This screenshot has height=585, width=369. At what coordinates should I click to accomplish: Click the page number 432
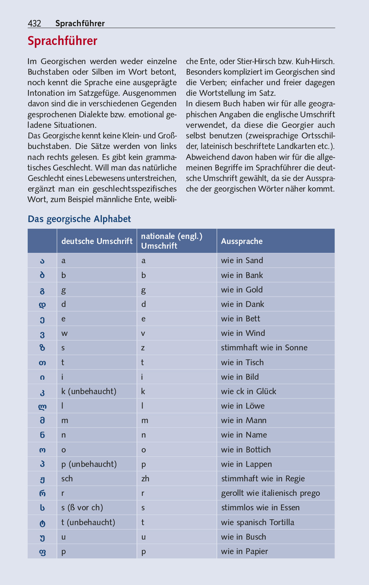[34, 23]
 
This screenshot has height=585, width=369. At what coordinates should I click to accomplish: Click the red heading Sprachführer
[62, 41]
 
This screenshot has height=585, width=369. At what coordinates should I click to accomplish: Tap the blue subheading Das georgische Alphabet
[79, 219]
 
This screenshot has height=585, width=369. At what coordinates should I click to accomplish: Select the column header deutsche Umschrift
[97, 241]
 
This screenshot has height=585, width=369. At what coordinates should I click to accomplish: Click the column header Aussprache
[242, 241]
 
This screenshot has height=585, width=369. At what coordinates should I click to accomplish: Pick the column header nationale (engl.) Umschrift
[172, 241]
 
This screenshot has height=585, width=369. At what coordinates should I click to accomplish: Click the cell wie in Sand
[242, 260]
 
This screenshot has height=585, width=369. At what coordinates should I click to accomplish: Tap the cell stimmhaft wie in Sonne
[264, 348]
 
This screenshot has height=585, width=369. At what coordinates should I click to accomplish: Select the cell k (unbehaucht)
[89, 391]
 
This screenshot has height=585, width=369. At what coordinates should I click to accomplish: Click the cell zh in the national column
[145, 479]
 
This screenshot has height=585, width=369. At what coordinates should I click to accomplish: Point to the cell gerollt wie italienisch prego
[271, 493]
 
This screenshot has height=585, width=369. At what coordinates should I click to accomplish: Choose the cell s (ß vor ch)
[82, 508]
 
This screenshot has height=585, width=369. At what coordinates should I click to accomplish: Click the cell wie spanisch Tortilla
[258, 522]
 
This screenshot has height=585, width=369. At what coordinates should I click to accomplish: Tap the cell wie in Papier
[244, 551]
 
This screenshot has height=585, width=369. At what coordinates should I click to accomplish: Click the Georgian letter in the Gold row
[42, 291]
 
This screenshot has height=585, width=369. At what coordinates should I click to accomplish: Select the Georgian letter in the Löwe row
[42, 407]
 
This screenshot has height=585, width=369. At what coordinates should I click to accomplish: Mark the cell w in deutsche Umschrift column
[64, 334]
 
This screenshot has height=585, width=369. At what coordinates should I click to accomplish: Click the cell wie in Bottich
[246, 450]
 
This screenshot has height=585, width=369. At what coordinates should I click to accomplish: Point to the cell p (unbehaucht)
[89, 464]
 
